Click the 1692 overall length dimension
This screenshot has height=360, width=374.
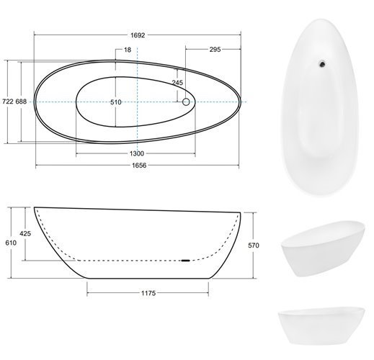[138, 35]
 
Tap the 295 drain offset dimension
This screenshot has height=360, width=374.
[215, 50]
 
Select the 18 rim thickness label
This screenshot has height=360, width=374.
[128, 50]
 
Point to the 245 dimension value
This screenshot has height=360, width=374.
[177, 83]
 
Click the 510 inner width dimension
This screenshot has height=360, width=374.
[116, 102]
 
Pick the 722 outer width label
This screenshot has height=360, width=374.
[8, 102]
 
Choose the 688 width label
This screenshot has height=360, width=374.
[21, 102]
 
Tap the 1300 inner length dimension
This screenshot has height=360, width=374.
[137, 153]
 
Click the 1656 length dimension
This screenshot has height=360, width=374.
[139, 165]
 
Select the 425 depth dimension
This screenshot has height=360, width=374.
[25, 233]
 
